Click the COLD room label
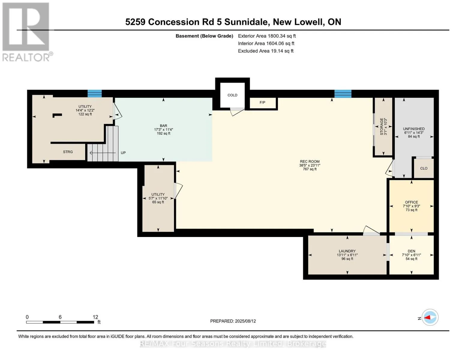coord(232,95)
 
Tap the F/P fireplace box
coord(263,103)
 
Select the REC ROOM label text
coord(309,162)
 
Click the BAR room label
coord(164,126)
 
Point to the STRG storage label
coord(68,152)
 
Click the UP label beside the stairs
coord(123,153)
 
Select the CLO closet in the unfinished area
coord(424,168)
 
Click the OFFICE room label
coord(411,202)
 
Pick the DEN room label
coord(411,251)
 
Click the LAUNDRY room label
coord(347,251)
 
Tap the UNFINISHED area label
coord(414,129)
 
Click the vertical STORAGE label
coord(382,127)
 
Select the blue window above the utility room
coord(95,94)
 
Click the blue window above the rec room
coord(343,94)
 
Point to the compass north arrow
coord(430,317)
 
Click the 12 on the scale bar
coord(95,317)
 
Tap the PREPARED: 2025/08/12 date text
coord(233,321)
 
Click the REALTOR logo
coord(26,32)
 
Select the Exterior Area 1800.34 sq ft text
coord(267,36)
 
